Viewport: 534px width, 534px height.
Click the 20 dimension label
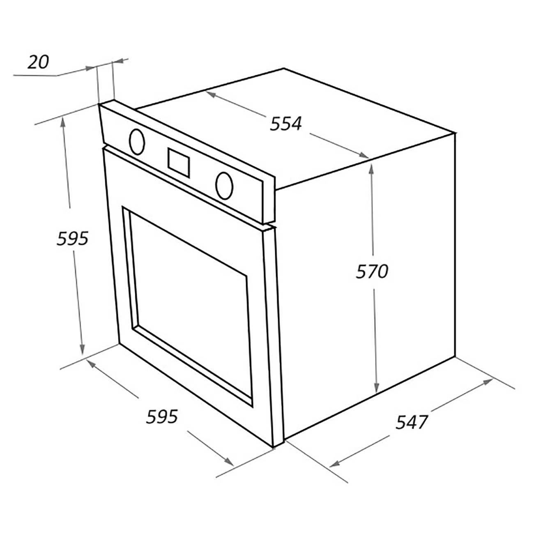[x=38, y=62]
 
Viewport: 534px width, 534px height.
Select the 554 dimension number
[x=286, y=124]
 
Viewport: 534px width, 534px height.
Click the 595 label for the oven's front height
[x=73, y=238]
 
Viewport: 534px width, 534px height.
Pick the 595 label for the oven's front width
[x=162, y=417]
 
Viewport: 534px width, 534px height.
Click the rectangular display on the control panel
[x=179, y=163]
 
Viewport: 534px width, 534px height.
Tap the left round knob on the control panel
[x=137, y=142]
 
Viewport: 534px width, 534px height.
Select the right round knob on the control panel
[x=224, y=186]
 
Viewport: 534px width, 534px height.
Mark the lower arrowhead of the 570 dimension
[x=376, y=386]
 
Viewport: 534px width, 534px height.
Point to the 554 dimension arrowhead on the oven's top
[x=212, y=94]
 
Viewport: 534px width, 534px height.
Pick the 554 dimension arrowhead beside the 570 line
[x=364, y=155]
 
